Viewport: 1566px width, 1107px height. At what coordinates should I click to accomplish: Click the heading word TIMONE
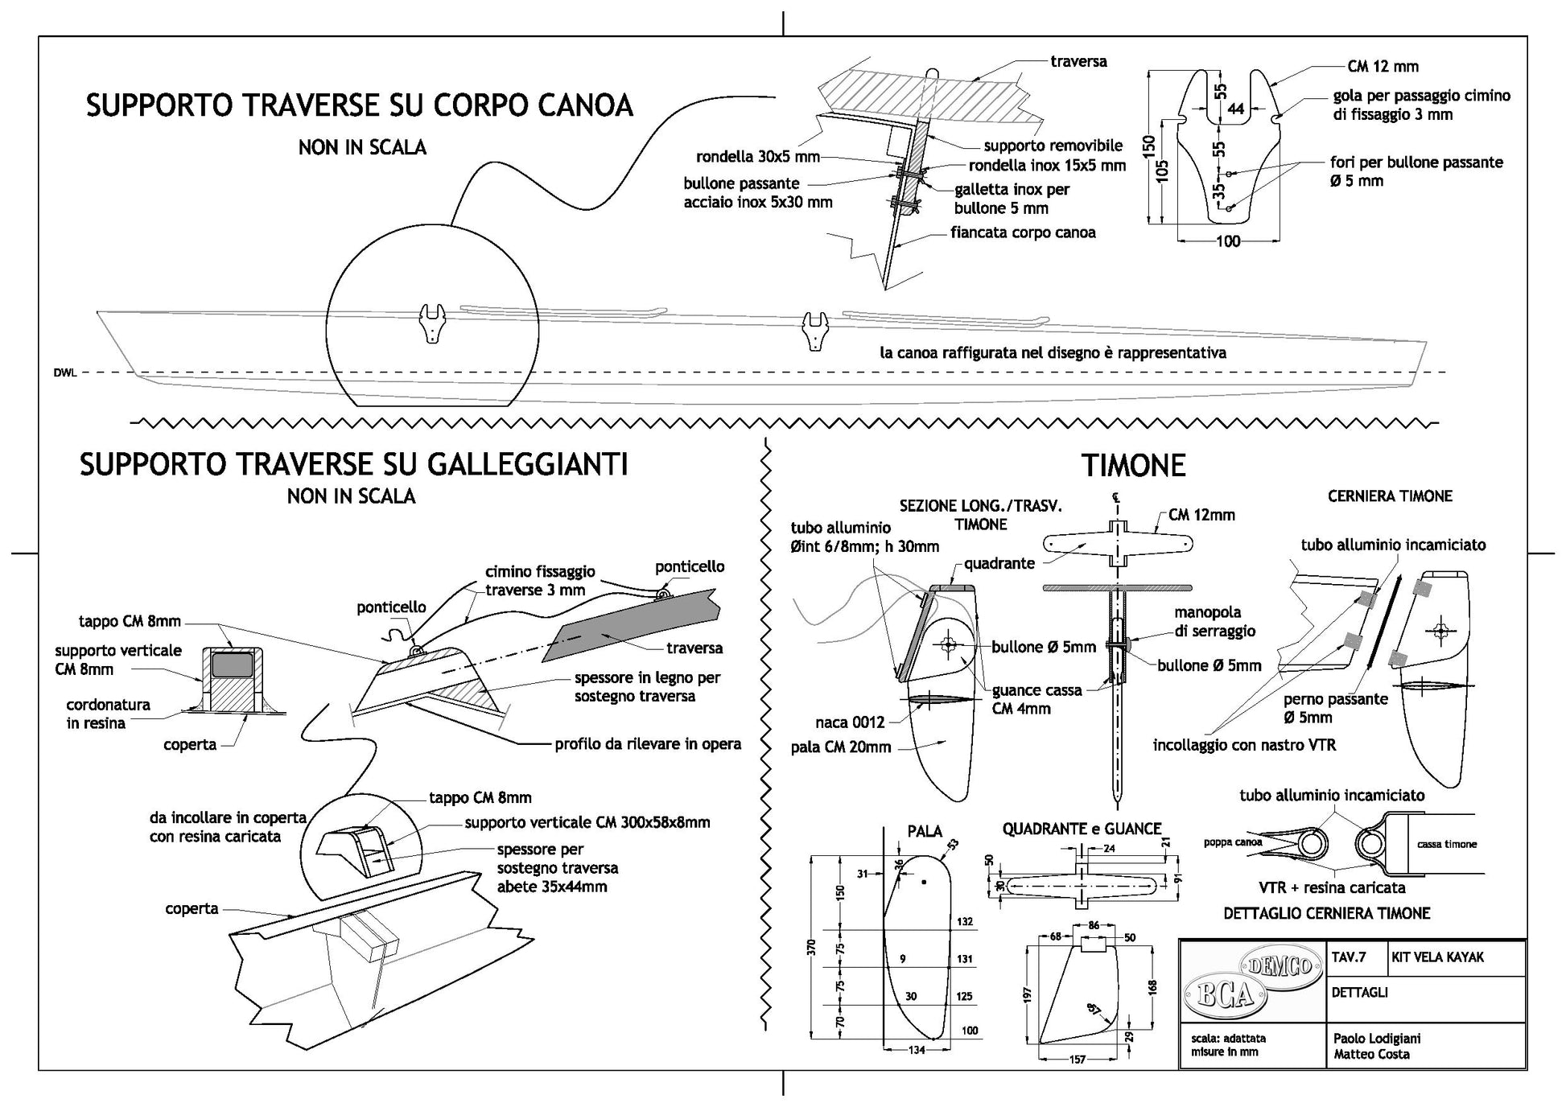click(x=1133, y=467)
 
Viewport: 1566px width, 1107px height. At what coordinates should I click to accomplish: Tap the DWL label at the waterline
click(x=65, y=372)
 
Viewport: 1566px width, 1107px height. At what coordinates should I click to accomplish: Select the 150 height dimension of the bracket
click(x=1150, y=146)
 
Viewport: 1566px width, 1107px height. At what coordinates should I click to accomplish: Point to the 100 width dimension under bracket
click(x=1228, y=241)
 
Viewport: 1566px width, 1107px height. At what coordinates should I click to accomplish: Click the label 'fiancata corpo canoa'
click(x=1023, y=233)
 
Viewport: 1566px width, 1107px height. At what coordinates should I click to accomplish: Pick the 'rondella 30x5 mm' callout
click(x=758, y=157)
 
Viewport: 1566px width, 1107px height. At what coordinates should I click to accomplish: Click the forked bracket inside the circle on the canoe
click(x=433, y=323)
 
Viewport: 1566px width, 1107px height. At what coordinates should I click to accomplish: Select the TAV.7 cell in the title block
click(x=1350, y=957)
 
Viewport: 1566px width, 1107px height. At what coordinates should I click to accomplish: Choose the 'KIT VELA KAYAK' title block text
click(x=1437, y=957)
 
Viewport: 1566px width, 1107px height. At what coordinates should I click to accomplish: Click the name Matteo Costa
click(x=1371, y=1054)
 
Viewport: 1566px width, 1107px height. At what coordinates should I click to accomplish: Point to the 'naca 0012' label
click(x=850, y=722)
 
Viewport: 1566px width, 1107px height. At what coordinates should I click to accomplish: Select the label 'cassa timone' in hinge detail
click(x=1447, y=844)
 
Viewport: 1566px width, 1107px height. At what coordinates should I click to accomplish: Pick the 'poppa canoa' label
click(x=1233, y=842)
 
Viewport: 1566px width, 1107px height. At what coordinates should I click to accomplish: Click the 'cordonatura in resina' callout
click(x=107, y=714)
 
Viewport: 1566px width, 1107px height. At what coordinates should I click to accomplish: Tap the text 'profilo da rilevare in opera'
click(x=648, y=744)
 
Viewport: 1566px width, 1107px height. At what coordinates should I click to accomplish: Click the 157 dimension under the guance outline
click(x=1077, y=1060)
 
